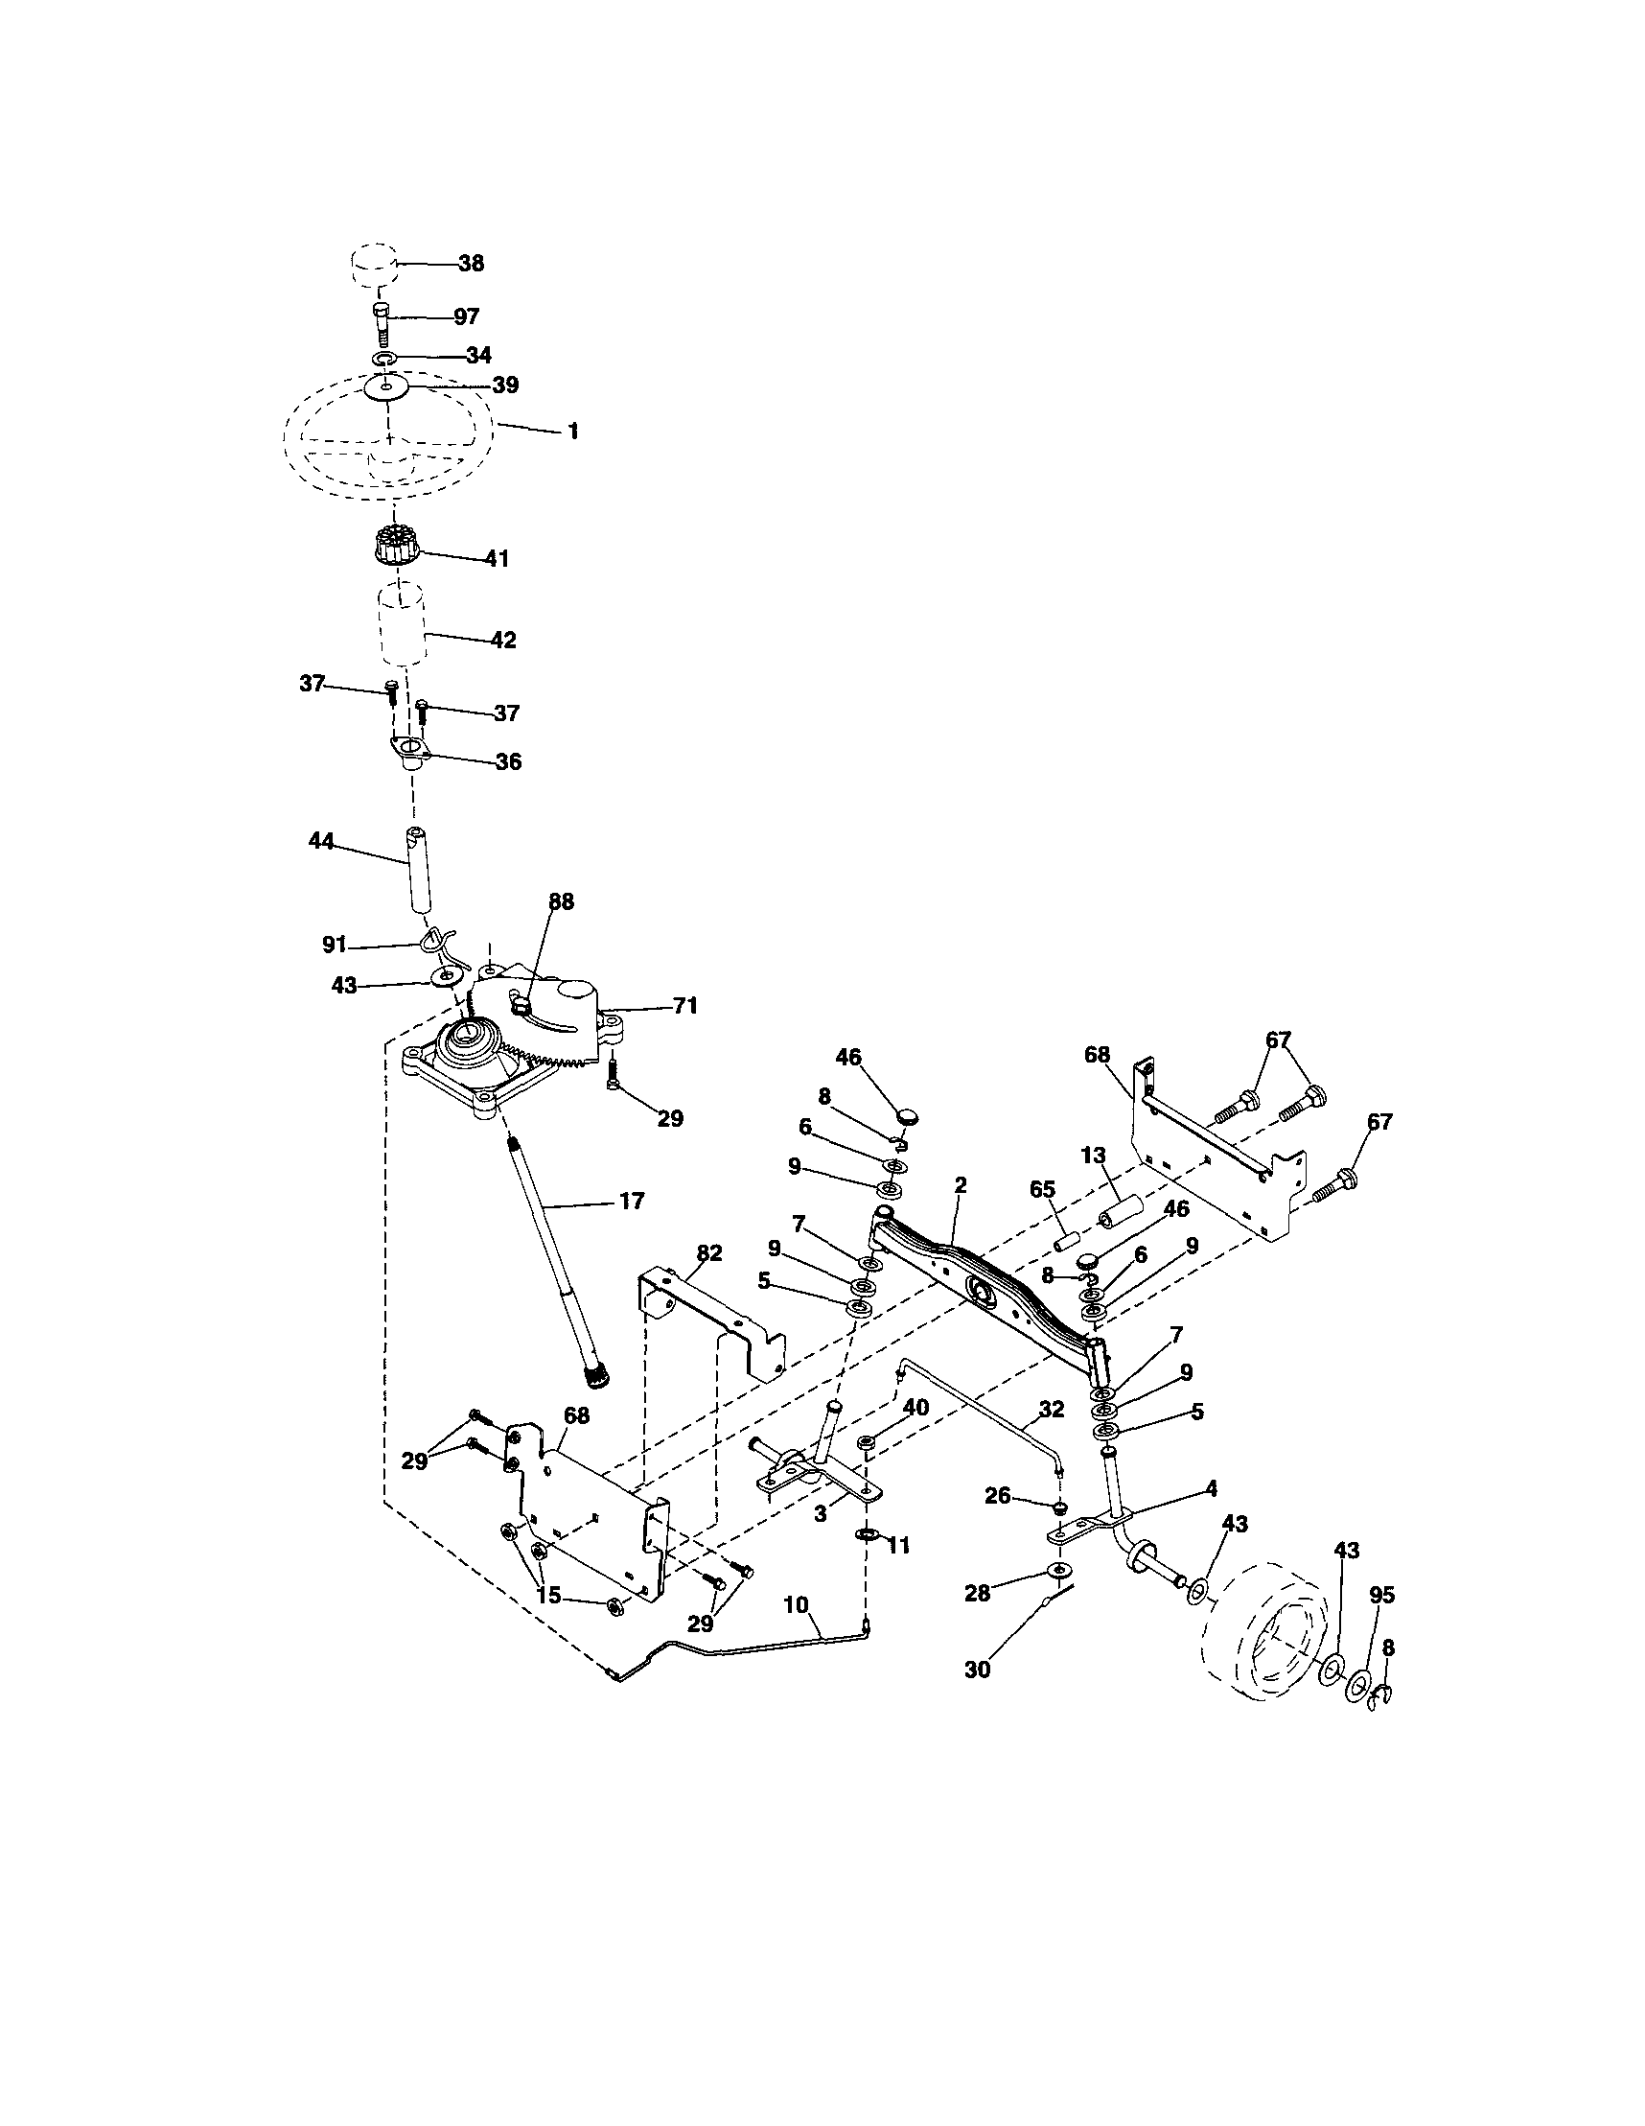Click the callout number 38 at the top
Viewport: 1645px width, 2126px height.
(471, 264)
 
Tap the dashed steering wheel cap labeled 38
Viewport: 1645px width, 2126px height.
(374, 266)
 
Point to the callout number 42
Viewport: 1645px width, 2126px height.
(502, 640)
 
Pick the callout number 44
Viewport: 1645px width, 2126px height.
(321, 841)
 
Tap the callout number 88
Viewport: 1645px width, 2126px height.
(561, 902)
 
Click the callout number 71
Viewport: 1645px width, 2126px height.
(685, 1006)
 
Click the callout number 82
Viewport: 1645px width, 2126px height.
(709, 1252)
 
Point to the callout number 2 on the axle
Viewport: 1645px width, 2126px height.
(961, 1184)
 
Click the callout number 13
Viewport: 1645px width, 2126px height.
(1093, 1156)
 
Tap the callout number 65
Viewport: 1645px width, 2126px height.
(1042, 1190)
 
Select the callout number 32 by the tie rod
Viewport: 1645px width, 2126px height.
(1052, 1408)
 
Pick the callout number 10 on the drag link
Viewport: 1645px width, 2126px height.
(797, 1604)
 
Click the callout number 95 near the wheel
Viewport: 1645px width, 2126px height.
(1381, 1595)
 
